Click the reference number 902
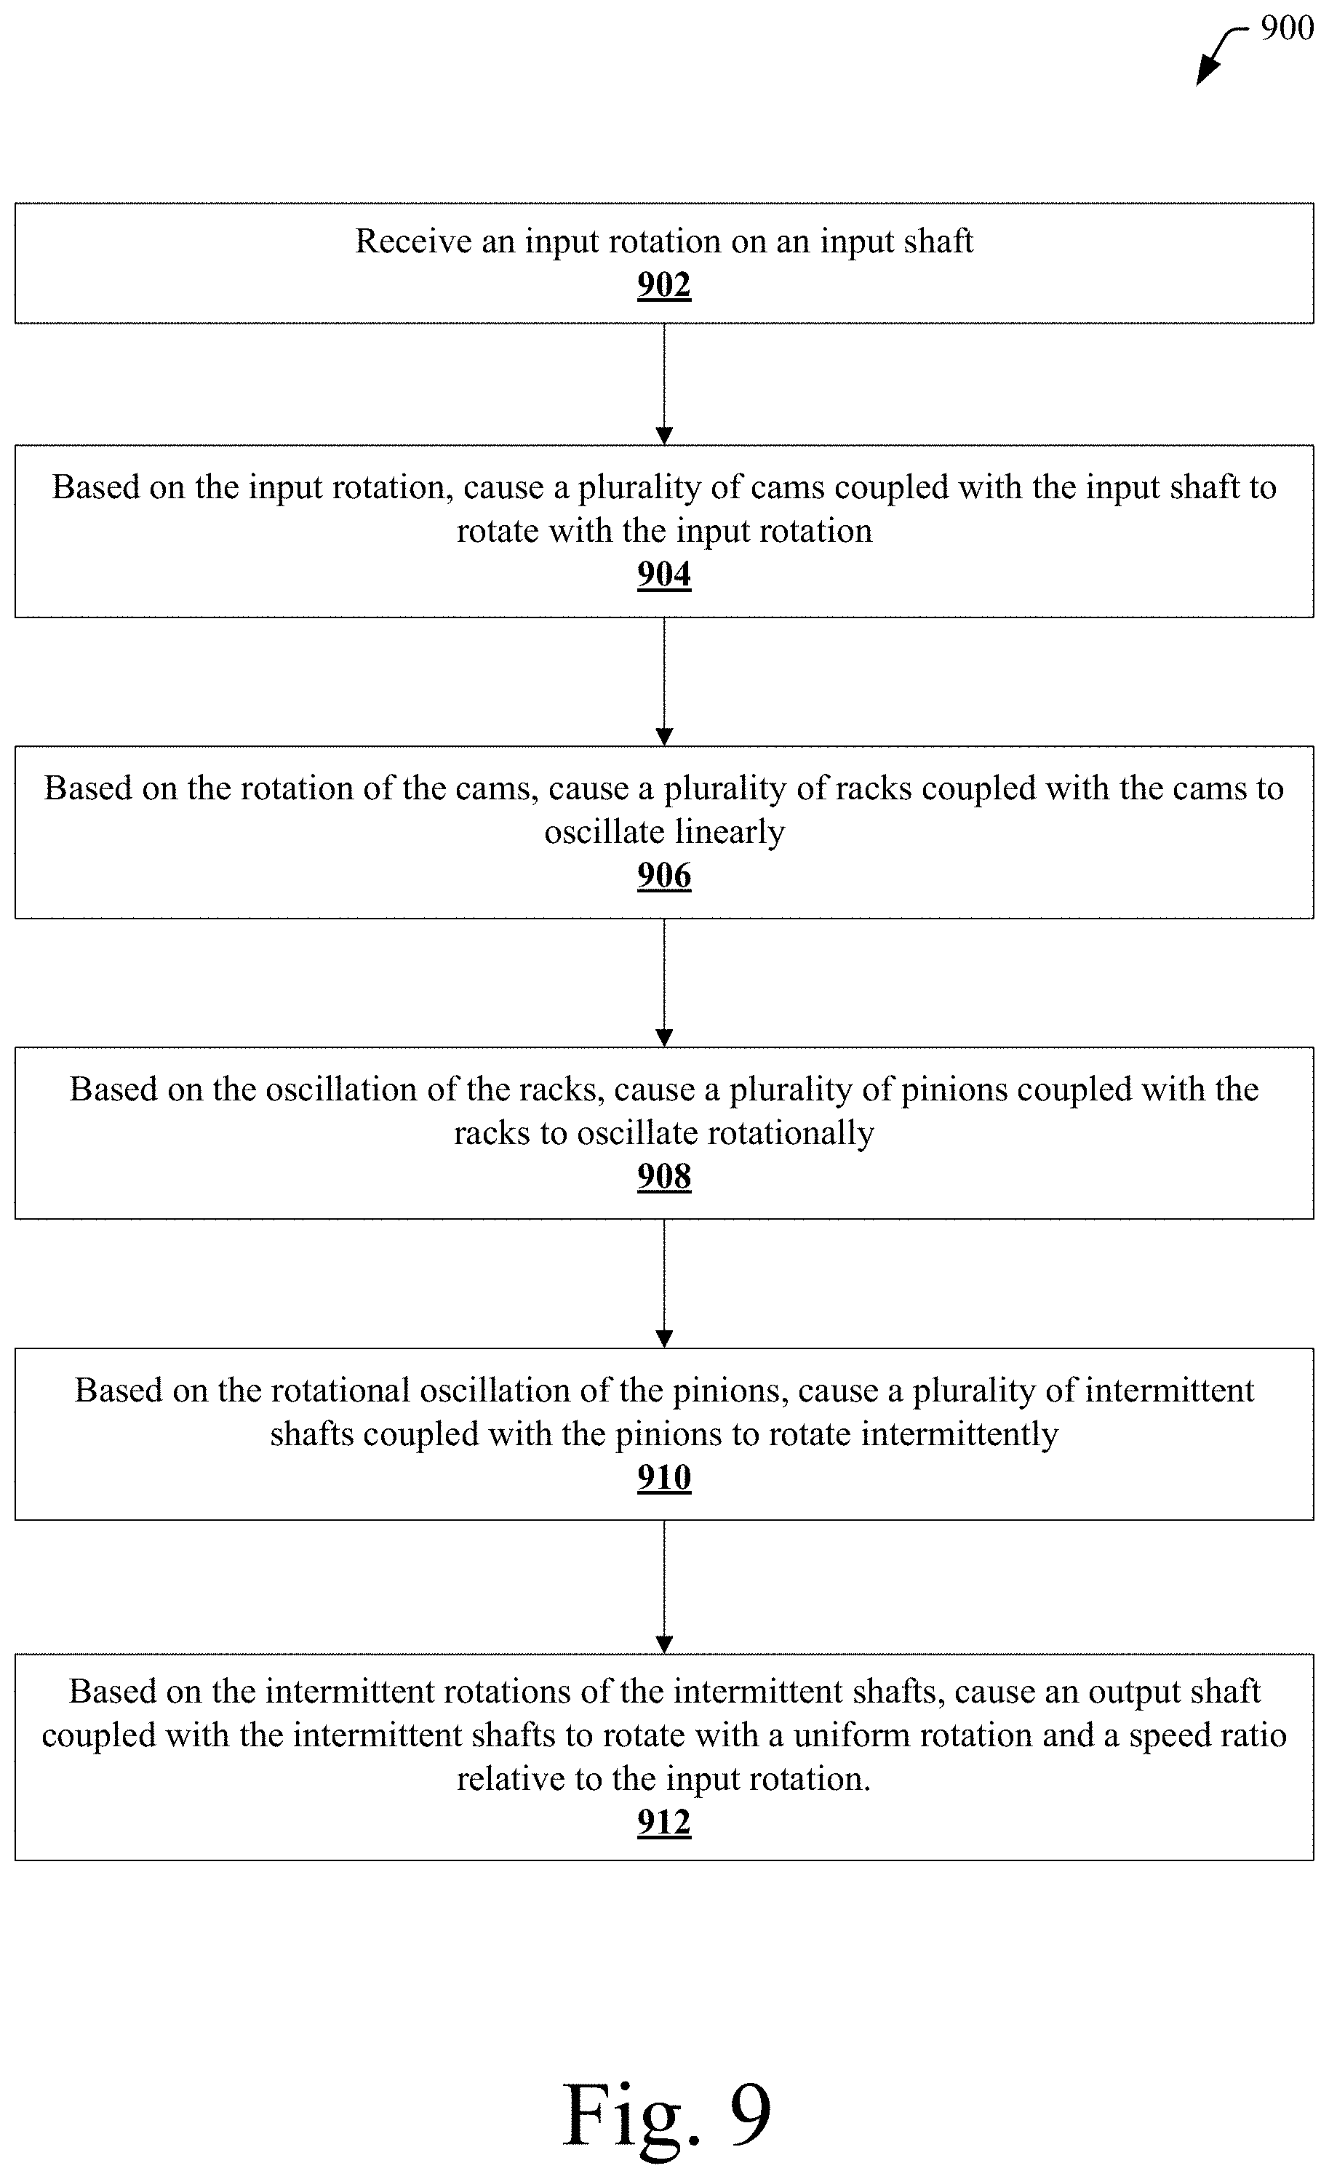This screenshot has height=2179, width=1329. point(664,285)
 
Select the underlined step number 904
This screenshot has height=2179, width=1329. point(664,575)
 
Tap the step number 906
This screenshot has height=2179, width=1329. point(664,876)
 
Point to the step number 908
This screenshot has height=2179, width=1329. point(664,1176)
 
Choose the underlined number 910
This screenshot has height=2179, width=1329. point(664,1477)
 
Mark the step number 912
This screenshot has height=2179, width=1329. point(664,1822)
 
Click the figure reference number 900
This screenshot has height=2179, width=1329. point(1287,29)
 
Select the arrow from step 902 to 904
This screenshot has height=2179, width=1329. point(664,384)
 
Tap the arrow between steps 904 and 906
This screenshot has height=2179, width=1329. point(664,681)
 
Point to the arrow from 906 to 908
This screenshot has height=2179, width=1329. point(664,983)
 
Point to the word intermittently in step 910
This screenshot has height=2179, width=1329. point(959,1434)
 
